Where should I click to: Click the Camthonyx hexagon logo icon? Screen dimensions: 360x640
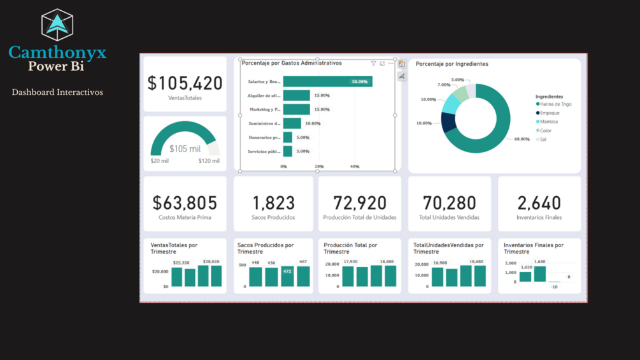click(57, 25)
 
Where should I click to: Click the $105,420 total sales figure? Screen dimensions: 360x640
click(185, 83)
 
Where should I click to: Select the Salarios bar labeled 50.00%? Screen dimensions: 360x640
click(327, 82)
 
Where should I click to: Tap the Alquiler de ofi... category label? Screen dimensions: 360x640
click(264, 96)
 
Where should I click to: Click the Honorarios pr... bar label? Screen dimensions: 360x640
click(264, 138)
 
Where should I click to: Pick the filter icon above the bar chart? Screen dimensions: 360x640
click(373, 64)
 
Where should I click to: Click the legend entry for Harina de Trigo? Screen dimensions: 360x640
click(555, 104)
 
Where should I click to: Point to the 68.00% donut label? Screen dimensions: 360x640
click(522, 139)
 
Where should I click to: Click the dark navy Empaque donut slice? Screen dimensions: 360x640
click(449, 122)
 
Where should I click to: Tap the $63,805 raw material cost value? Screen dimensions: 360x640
click(185, 203)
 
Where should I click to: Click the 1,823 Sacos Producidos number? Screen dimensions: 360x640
click(274, 203)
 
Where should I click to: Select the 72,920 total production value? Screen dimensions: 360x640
click(360, 203)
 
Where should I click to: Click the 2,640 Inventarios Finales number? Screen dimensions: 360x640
click(539, 203)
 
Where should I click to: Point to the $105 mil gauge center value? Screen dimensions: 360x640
click(185, 149)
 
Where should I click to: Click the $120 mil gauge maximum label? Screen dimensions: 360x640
click(209, 161)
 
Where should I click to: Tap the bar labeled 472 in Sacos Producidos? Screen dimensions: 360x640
click(287, 276)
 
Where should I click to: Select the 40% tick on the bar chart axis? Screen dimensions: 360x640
click(355, 167)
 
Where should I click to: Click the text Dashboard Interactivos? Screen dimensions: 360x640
click(57, 92)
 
